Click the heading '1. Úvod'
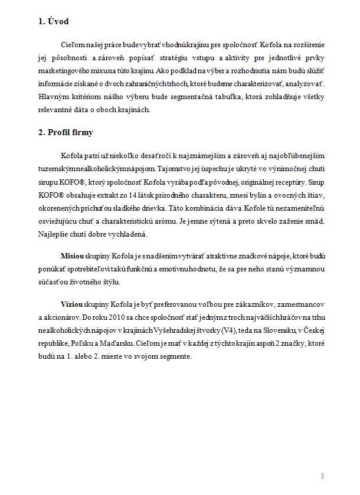point(53,22)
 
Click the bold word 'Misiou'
point(73,258)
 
